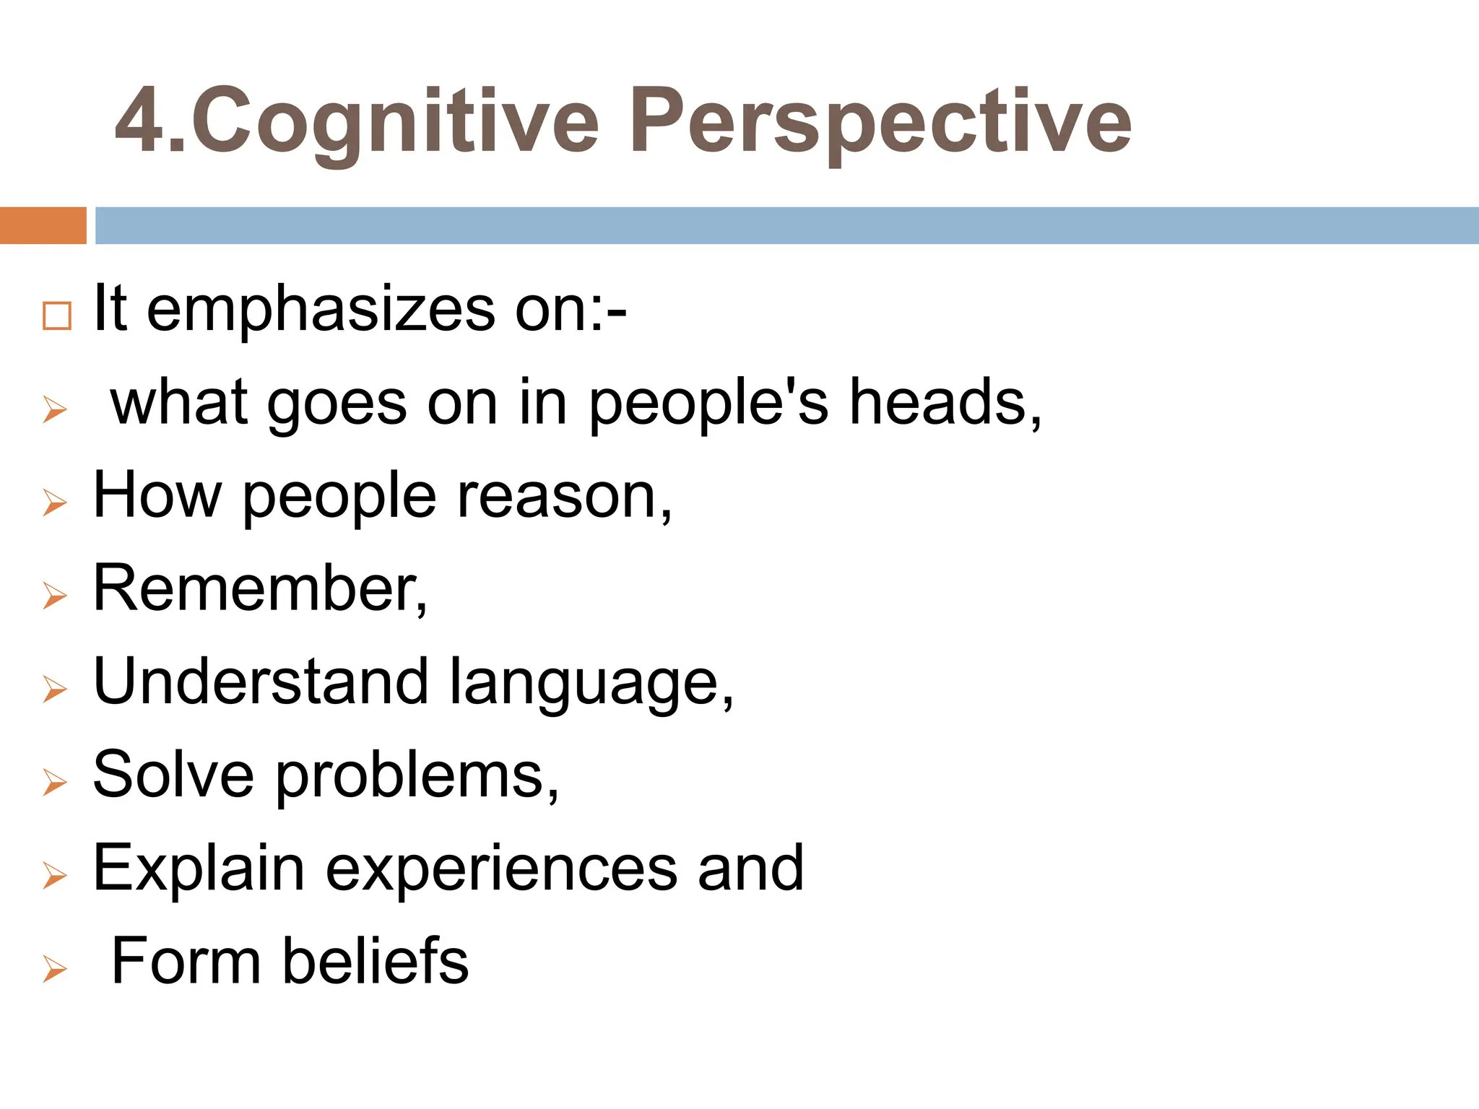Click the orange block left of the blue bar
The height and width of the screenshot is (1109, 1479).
43,225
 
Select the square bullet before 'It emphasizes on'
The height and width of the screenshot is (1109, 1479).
57,316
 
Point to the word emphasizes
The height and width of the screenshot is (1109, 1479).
321,309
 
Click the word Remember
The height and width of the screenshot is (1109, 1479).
256,588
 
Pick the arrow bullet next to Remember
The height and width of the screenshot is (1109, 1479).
55,596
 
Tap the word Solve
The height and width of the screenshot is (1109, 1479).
173,774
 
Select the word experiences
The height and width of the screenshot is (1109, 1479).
501,869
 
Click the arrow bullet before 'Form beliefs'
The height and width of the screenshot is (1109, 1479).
55,968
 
